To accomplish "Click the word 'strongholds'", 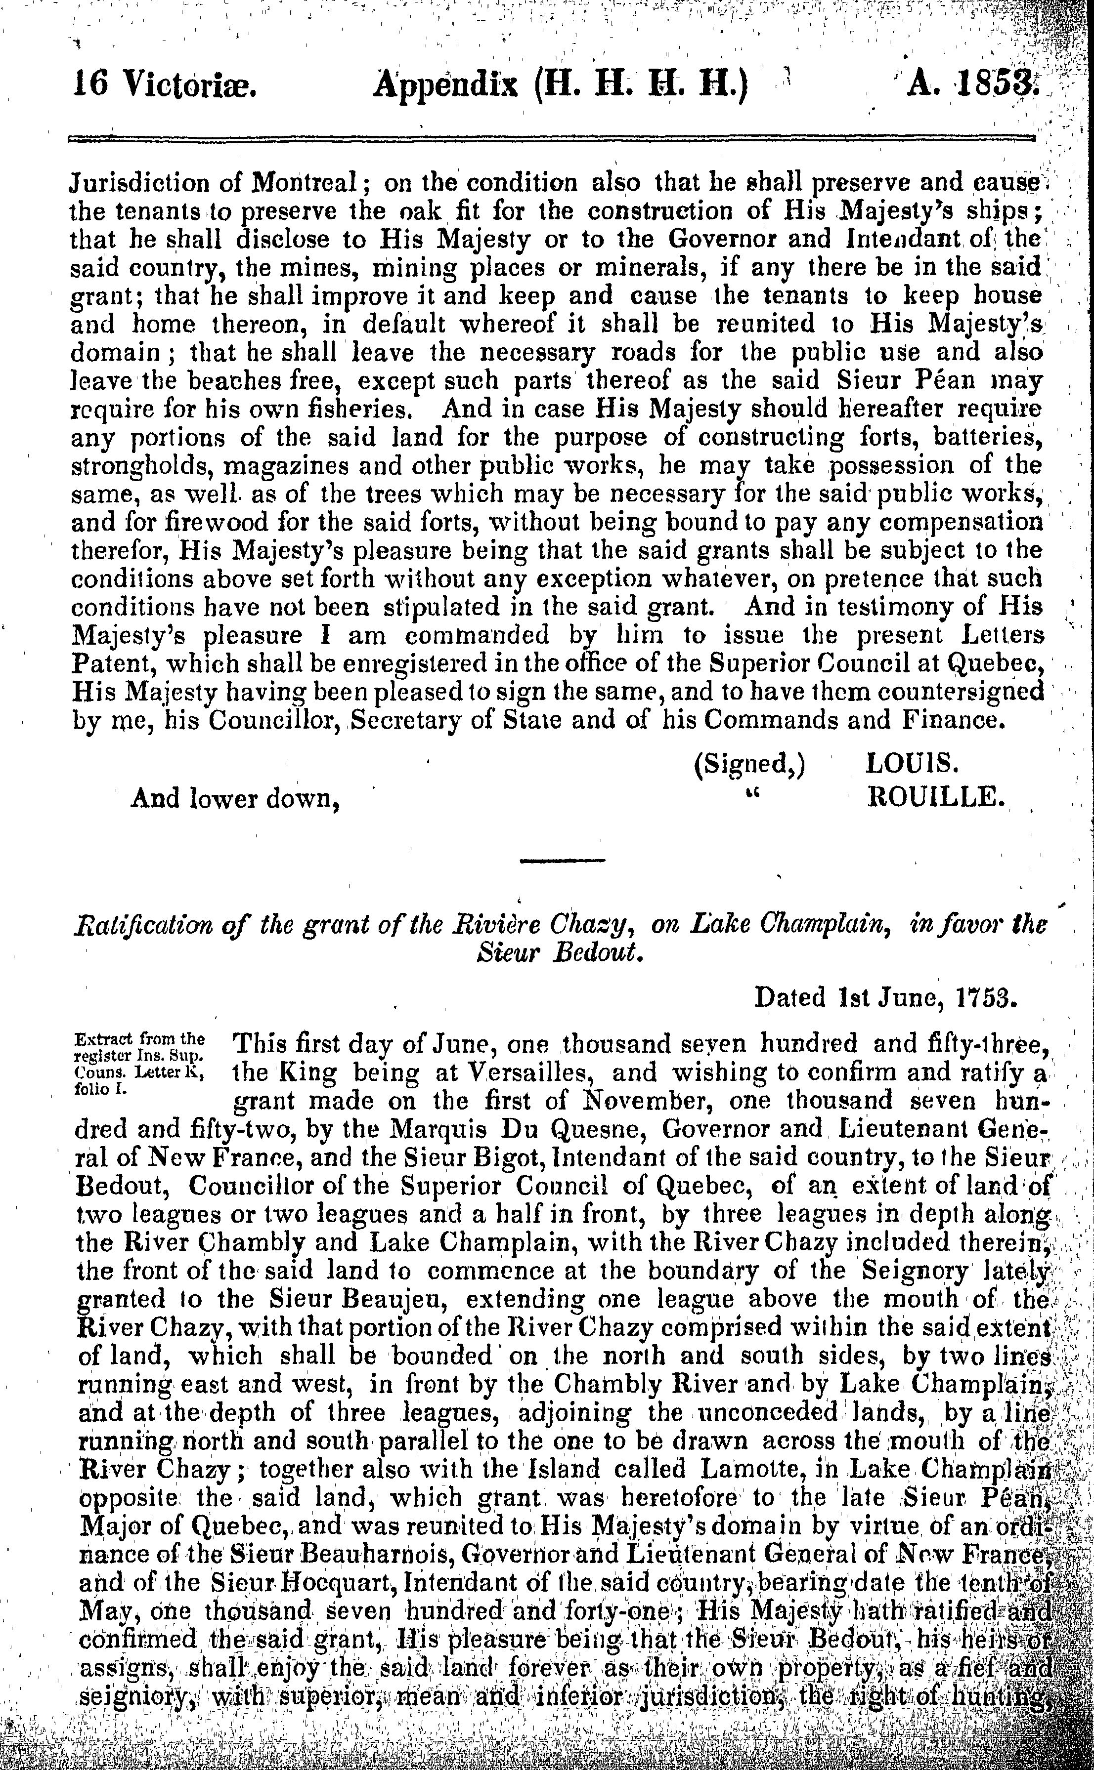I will click(140, 466).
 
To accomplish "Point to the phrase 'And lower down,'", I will click(235, 798).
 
